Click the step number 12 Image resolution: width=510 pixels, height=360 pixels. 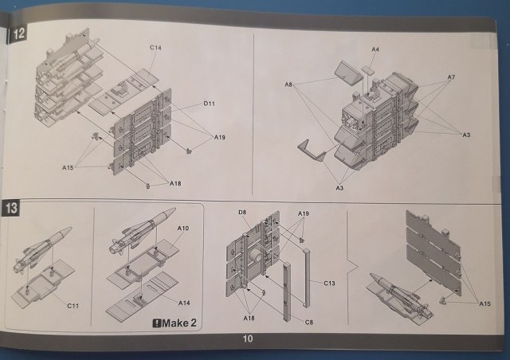18,33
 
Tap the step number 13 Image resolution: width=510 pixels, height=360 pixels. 12,208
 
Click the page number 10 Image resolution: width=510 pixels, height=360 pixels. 248,338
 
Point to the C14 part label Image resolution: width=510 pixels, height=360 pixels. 155,48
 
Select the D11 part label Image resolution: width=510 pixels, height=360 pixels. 209,104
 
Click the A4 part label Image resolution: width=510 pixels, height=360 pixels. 375,49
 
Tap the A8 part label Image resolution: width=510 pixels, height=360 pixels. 288,84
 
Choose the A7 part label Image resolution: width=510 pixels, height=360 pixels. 451,77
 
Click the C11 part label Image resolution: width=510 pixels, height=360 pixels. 73,306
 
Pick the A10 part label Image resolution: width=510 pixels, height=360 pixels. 182,229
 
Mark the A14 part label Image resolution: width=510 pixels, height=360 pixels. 184,303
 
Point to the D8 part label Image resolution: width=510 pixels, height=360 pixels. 242,213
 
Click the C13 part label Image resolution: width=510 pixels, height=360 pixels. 329,284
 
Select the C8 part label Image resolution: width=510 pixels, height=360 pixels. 309,323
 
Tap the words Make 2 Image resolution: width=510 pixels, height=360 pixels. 179,323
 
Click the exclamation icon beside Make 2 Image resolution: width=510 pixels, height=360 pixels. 157,323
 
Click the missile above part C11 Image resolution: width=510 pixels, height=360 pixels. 42,249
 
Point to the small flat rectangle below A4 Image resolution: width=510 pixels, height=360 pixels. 367,71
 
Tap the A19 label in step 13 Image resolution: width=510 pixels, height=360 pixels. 303,213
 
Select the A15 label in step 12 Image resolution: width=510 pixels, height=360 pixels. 68,168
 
